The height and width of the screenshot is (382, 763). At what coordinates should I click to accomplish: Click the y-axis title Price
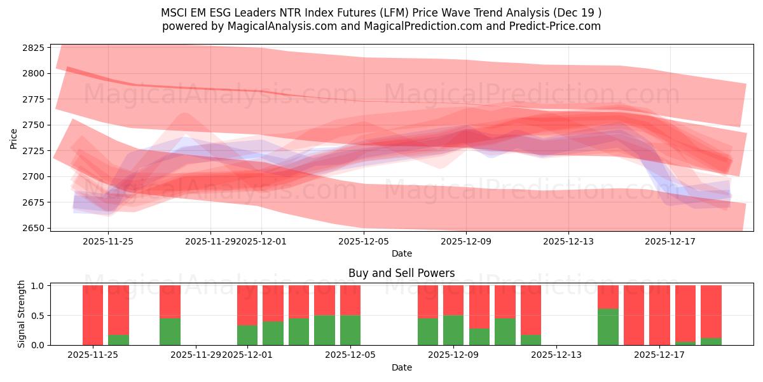click(14, 138)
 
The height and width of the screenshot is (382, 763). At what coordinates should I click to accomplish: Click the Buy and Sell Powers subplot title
click(401, 273)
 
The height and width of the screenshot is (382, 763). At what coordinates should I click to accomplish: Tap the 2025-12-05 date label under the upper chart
click(364, 241)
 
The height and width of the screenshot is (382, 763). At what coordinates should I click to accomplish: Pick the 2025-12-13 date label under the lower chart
click(556, 355)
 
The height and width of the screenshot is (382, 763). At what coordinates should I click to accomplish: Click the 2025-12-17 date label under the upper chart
click(670, 241)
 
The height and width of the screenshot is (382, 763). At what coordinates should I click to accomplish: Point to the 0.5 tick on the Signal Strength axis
click(38, 315)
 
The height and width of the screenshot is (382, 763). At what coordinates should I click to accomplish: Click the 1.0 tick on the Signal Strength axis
click(38, 286)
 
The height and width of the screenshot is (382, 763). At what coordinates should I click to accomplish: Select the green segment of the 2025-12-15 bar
click(608, 327)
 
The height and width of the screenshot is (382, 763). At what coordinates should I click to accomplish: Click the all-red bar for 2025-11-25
click(93, 315)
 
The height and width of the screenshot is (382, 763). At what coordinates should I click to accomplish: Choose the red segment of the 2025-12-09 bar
click(453, 300)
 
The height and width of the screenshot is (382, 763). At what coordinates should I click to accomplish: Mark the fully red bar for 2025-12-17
click(659, 315)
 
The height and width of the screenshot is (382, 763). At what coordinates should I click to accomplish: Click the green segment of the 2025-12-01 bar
click(247, 335)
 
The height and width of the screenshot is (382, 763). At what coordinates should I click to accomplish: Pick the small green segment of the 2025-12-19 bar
click(711, 341)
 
